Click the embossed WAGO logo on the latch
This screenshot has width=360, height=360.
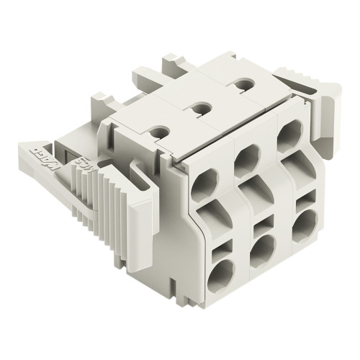[x=40, y=153]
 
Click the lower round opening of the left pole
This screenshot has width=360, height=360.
[x=221, y=274]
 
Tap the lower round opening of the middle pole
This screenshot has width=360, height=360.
[x=262, y=248]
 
